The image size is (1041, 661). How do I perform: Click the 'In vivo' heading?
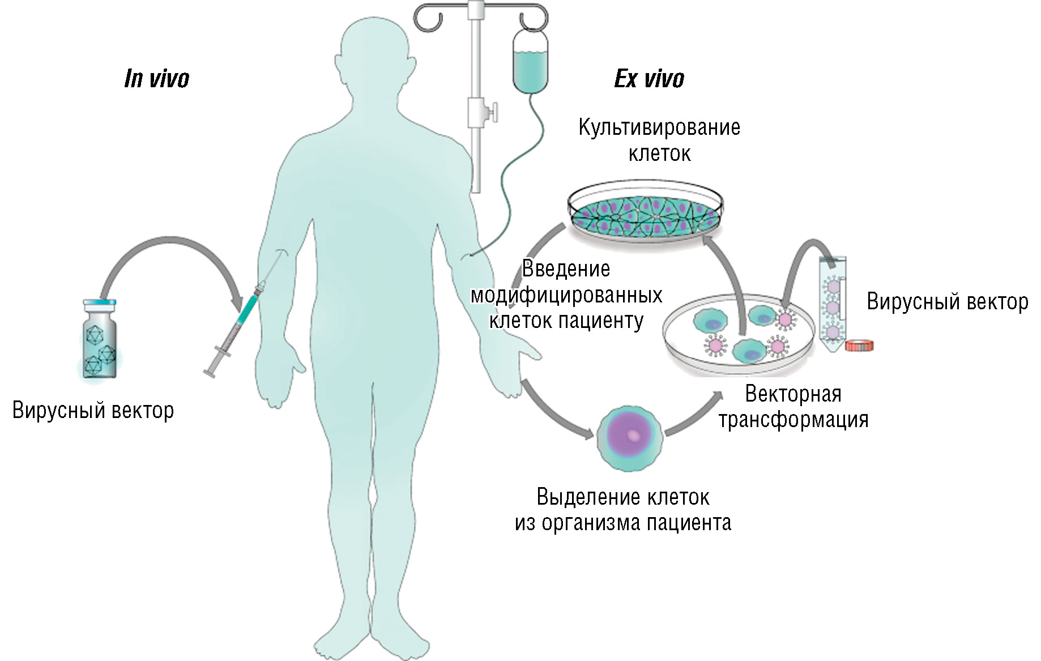(156, 78)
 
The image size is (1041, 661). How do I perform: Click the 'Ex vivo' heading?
(649, 78)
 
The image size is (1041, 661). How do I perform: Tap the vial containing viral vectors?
(100, 340)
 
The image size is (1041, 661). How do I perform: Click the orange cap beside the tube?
(860, 345)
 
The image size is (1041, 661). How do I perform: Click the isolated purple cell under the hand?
(630, 437)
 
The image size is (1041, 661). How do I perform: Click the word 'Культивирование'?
(659, 127)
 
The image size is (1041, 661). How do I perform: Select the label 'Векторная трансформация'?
(793, 407)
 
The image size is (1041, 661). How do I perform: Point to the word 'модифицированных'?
(566, 295)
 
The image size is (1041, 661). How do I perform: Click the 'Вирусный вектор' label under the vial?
(93, 410)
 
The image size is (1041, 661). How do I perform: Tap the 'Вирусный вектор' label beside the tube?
(947, 302)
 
